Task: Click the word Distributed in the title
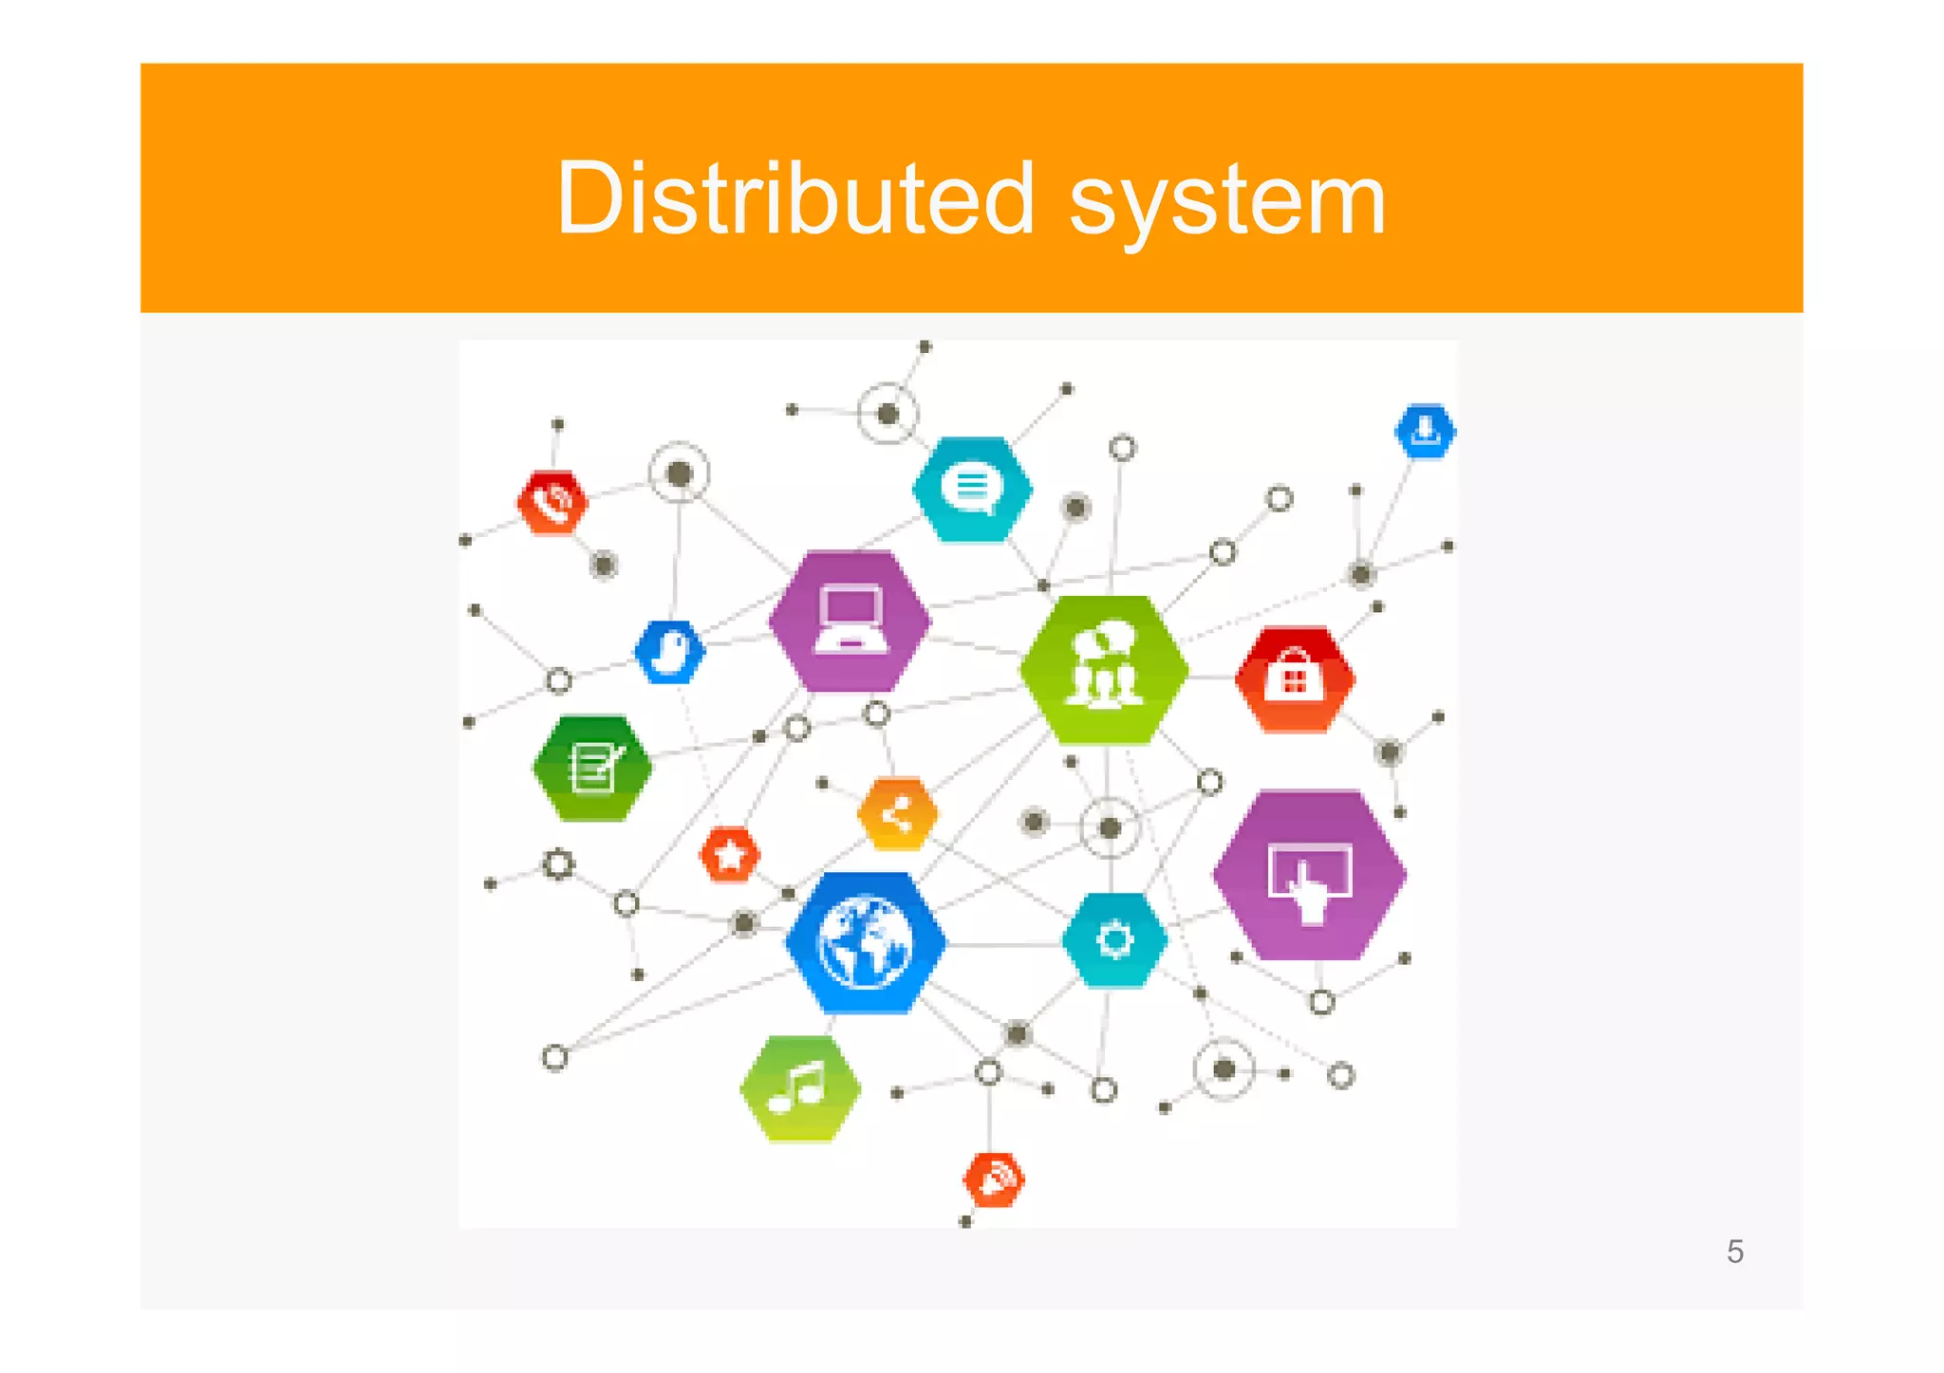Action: pyautogui.click(x=795, y=199)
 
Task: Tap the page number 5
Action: pyautogui.click(x=1735, y=1252)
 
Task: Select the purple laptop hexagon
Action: pyautogui.click(x=850, y=621)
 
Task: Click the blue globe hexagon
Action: pyautogui.click(x=865, y=943)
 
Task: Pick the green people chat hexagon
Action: pyautogui.click(x=1104, y=669)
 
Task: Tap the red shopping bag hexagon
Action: pyautogui.click(x=1295, y=677)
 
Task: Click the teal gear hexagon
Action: pyautogui.click(x=1114, y=940)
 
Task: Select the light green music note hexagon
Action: pyautogui.click(x=800, y=1088)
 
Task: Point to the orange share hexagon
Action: pyautogui.click(x=897, y=814)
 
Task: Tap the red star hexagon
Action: pyautogui.click(x=729, y=855)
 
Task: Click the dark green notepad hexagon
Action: pyautogui.click(x=592, y=767)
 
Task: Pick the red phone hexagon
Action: pyautogui.click(x=552, y=502)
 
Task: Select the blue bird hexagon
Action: pyautogui.click(x=670, y=652)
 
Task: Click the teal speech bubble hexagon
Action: pyautogui.click(x=972, y=489)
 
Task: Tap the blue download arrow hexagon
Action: pyautogui.click(x=1425, y=431)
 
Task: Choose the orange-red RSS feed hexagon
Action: pyautogui.click(x=994, y=1179)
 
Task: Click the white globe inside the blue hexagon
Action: pyautogui.click(x=865, y=943)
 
